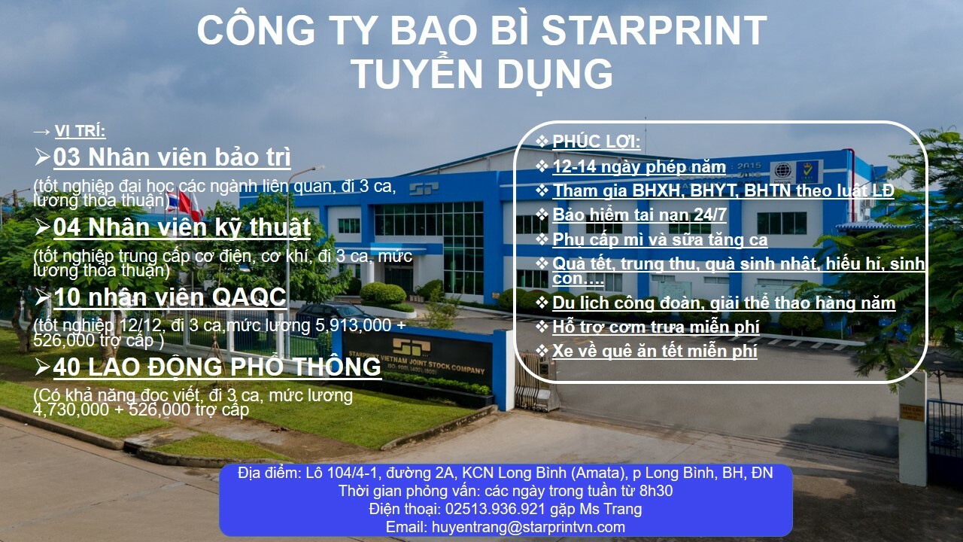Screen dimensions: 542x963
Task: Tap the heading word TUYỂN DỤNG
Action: pyautogui.click(x=481, y=74)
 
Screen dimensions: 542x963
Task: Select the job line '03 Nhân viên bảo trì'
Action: pyautogui.click(x=172, y=157)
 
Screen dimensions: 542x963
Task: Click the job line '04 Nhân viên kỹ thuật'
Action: pyautogui.click(x=181, y=227)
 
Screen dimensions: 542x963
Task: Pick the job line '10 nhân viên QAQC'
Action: pyautogui.click(x=169, y=297)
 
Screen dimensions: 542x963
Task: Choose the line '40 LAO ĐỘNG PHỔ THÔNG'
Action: pyautogui.click(x=217, y=367)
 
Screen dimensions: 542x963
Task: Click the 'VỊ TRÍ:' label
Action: pyautogui.click(x=81, y=132)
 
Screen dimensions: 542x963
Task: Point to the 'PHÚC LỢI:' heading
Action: pyautogui.click(x=597, y=142)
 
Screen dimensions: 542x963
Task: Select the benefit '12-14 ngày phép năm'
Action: pyautogui.click(x=639, y=167)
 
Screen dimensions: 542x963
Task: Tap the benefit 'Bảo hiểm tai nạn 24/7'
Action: pyautogui.click(x=639, y=215)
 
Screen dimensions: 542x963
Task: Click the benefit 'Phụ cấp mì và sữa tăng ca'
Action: pyautogui.click(x=660, y=240)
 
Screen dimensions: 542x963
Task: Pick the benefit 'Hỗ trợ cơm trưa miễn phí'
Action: pyautogui.click(x=656, y=327)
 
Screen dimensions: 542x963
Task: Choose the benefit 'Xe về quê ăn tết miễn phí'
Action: pyautogui.click(x=655, y=351)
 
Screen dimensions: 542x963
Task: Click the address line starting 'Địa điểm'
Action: pyautogui.click(x=505, y=473)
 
